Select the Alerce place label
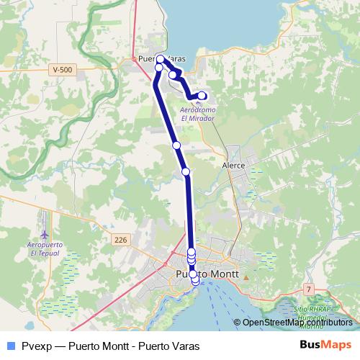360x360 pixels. click(x=234, y=165)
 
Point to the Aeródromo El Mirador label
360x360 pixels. click(x=197, y=113)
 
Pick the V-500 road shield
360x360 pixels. click(x=63, y=69)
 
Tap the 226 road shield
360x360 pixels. click(x=120, y=239)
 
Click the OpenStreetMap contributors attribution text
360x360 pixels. click(x=297, y=323)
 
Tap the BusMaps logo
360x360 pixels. click(x=325, y=345)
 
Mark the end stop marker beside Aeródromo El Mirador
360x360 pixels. click(x=202, y=96)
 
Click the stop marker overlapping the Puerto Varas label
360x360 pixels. click(x=161, y=59)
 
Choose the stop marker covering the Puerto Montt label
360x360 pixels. click(x=193, y=274)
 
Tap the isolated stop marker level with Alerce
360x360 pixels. click(x=186, y=171)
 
